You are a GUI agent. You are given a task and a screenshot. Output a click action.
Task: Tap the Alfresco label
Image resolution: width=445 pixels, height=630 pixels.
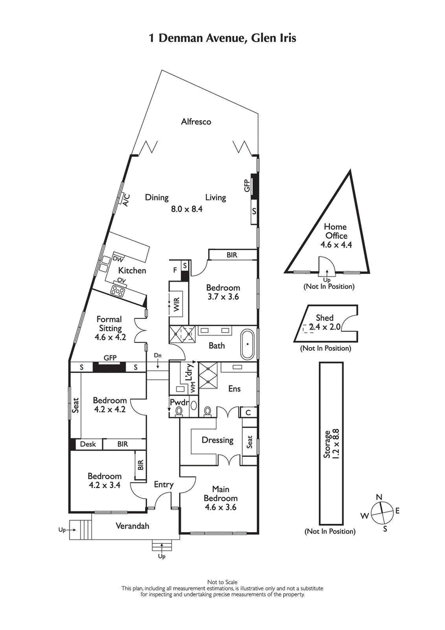point(196,121)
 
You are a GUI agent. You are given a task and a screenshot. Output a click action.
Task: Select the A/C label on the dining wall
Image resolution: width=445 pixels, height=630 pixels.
point(126,199)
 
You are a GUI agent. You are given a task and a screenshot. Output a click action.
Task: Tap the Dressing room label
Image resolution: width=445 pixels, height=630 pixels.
point(217,440)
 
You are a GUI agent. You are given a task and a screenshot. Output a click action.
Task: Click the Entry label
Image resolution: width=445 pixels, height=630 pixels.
point(164,485)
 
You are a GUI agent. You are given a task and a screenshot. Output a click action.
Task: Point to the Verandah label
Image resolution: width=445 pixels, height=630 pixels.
point(132,526)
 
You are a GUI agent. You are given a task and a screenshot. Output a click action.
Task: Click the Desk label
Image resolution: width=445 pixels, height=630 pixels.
point(88,444)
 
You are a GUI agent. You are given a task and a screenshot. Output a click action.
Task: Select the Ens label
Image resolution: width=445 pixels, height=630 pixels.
point(234,388)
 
